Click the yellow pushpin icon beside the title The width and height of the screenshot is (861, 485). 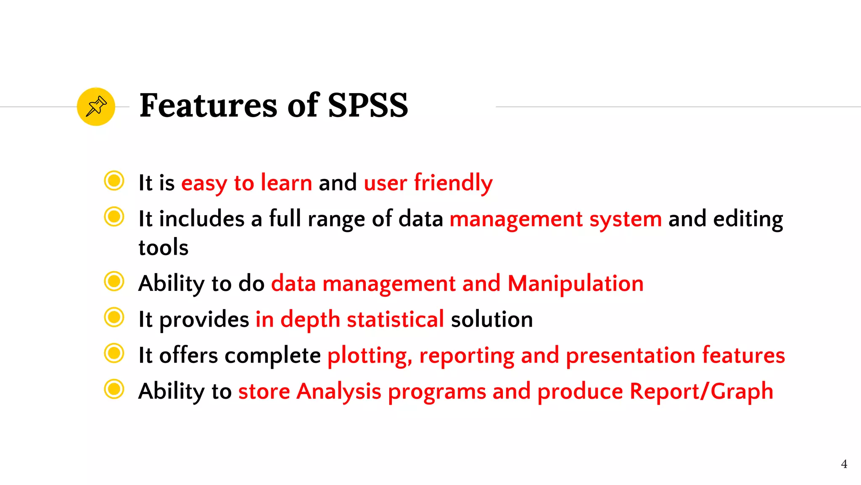[96, 107]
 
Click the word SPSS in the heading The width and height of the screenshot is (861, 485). [367, 105]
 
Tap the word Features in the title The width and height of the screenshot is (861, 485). [208, 105]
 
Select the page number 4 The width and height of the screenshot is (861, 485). [844, 464]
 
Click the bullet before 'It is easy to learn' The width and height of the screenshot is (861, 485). [114, 181]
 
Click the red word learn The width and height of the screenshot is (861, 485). [286, 183]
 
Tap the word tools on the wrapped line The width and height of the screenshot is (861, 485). [164, 247]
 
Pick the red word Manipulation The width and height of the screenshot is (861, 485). [576, 283]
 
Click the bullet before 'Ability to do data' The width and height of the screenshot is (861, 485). [114, 281]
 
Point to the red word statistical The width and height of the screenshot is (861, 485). [395, 319]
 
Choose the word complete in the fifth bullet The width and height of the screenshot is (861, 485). [272, 355]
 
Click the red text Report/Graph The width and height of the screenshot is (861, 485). [701, 392]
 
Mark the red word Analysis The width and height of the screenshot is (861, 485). [339, 392]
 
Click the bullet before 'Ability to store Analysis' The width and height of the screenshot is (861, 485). [114, 389]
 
